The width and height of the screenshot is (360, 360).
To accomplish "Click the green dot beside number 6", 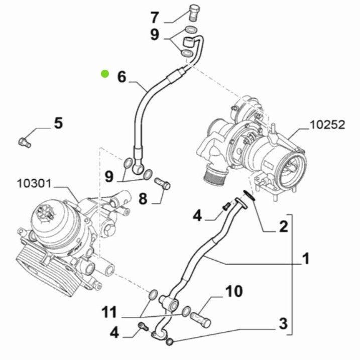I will click(x=104, y=74).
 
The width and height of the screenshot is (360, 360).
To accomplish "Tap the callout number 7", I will click(x=155, y=18).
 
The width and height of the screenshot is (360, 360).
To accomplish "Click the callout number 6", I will click(x=122, y=77).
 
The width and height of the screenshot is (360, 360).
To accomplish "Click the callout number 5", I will click(x=59, y=123).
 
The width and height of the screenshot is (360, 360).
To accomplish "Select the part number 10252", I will click(x=327, y=125).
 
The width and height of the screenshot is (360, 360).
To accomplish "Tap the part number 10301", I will click(x=34, y=183).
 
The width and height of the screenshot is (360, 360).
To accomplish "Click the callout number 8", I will click(x=143, y=199).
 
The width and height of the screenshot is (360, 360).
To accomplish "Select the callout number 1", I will click(x=305, y=259).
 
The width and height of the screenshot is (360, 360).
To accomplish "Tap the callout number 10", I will click(x=233, y=291).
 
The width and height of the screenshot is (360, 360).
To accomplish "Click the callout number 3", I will click(x=283, y=324).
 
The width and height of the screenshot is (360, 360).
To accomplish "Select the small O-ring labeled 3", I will click(x=169, y=342).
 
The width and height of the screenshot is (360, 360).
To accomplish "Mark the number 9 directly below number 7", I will click(x=155, y=35).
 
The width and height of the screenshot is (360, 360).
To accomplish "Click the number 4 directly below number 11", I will click(x=115, y=333).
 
